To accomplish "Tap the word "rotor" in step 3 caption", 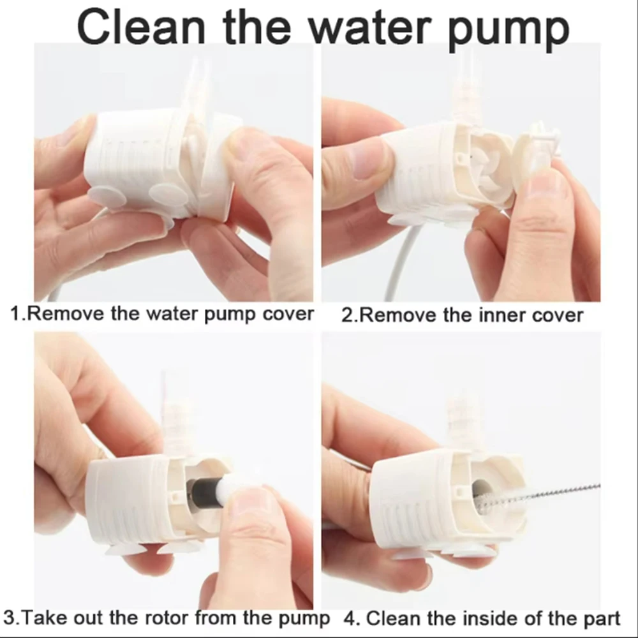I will (x=165, y=618).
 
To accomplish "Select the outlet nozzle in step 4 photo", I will (x=461, y=415).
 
